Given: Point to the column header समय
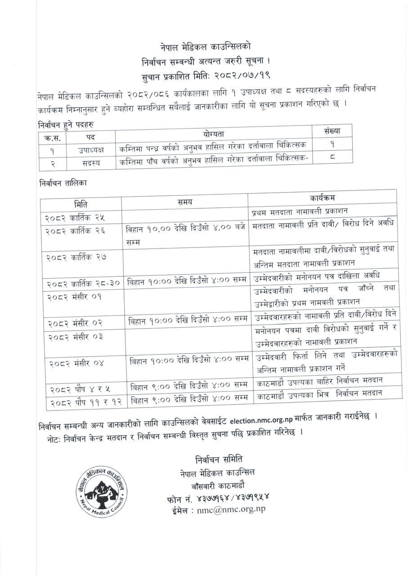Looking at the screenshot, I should click(185, 201).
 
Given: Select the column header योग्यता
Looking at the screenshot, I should click(213, 134).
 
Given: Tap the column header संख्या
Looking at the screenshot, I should click(332, 131).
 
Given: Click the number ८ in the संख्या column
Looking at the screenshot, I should click(332, 158).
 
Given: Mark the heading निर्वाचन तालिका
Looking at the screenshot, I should click(63, 183).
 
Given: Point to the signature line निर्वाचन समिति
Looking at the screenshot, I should click(219, 459).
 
